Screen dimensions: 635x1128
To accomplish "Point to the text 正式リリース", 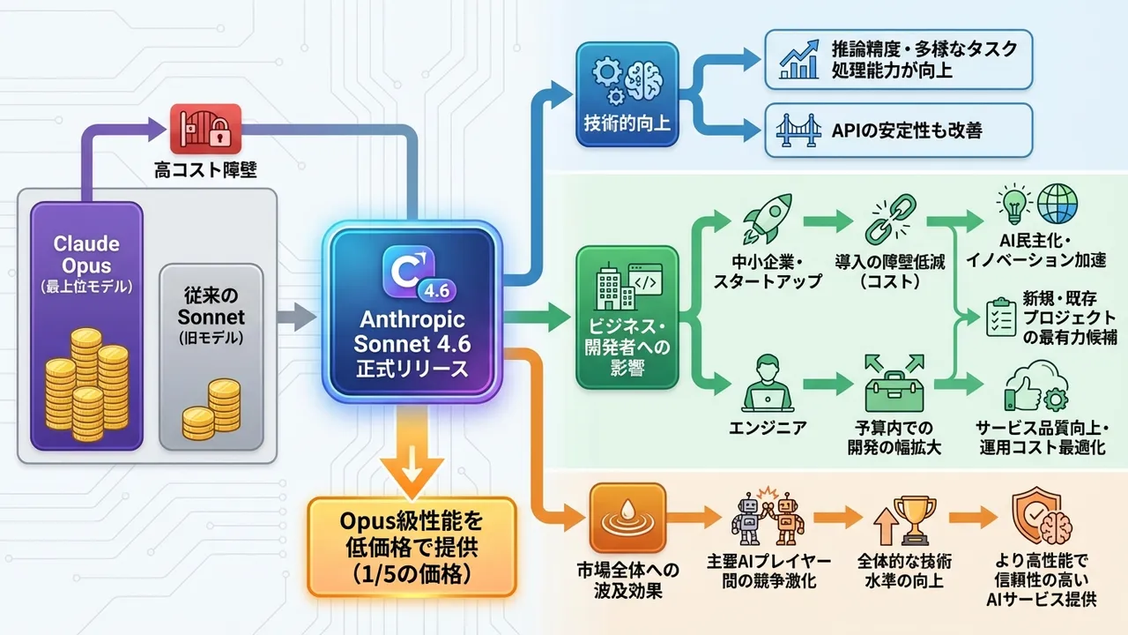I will [412, 368].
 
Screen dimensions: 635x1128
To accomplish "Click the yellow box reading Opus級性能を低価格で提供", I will [412, 547].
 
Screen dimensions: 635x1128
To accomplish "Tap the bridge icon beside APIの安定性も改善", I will [797, 131].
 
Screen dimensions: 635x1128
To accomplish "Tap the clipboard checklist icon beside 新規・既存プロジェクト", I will [999, 315].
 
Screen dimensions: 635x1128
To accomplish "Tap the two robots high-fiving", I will [768, 515].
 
